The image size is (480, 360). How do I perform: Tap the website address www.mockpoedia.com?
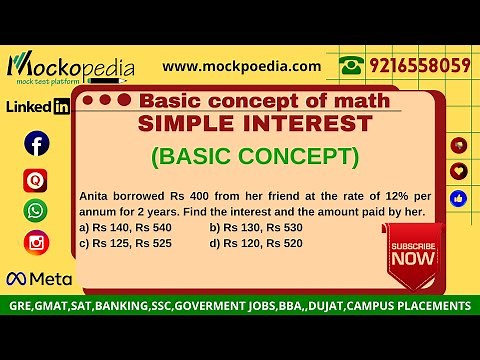tap(242, 66)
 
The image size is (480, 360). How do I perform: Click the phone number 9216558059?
tap(417, 66)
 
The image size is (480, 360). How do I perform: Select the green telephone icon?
tap(350, 66)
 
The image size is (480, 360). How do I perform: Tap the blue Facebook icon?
tap(37, 145)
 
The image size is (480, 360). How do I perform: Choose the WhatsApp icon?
tap(36, 210)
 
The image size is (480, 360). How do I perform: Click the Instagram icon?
tap(36, 242)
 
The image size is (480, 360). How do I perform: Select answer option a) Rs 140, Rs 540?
tap(125, 228)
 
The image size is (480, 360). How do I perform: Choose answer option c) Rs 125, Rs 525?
tap(125, 242)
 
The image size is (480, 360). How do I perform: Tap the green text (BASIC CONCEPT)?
tap(254, 157)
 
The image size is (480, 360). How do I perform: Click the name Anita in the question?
tap(94, 198)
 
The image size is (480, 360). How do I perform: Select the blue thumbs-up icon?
tap(459, 198)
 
